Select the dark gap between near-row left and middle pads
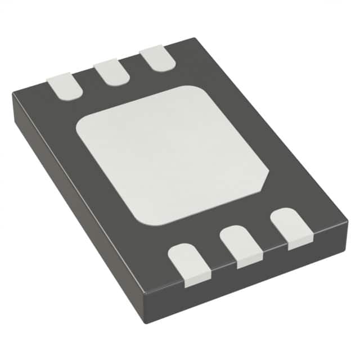coord(215,256)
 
